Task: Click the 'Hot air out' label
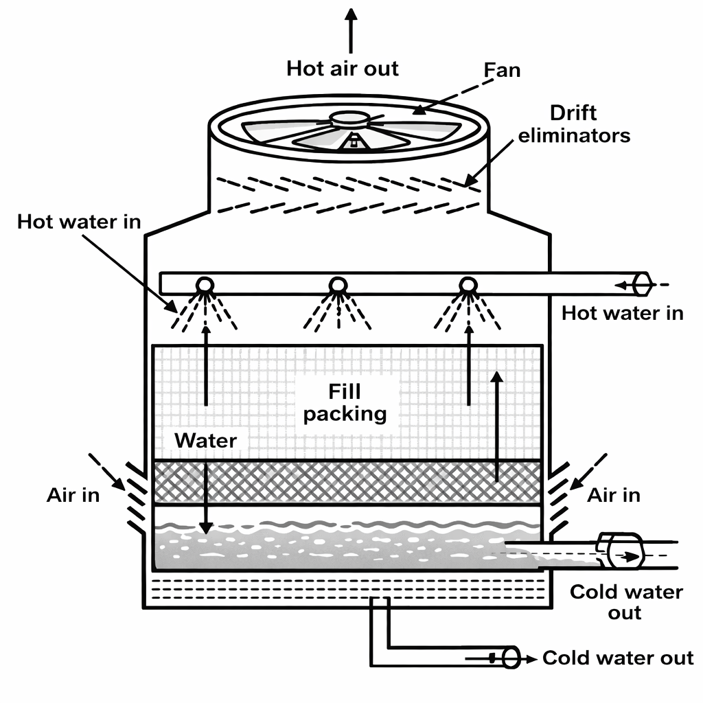coord(343,69)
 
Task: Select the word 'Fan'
coord(502,69)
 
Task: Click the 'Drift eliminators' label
coord(574,124)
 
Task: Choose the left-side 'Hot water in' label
coord(79,222)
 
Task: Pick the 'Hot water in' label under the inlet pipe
coord(623,313)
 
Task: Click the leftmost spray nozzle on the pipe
coord(204,284)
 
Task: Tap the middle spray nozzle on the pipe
coord(337,284)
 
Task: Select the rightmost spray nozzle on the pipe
coord(468,284)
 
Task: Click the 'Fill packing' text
coord(345,403)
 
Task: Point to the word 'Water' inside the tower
coord(205,440)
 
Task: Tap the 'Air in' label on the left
coord(73,495)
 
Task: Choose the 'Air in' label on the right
coord(614,495)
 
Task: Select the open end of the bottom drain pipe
coord(511,658)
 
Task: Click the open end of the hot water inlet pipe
coord(643,283)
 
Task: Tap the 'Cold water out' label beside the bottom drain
coord(618,658)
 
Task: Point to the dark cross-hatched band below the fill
coord(347,483)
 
